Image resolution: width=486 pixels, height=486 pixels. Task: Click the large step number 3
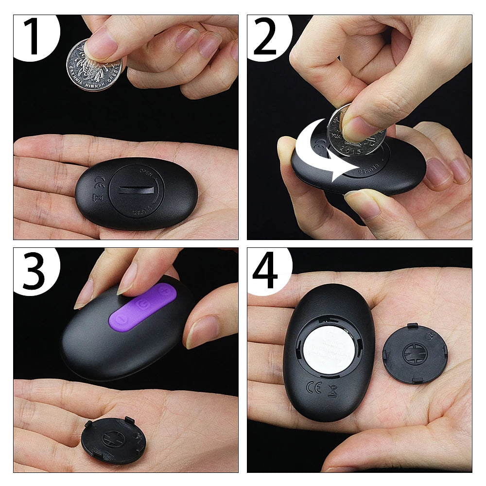pos(33,270)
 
